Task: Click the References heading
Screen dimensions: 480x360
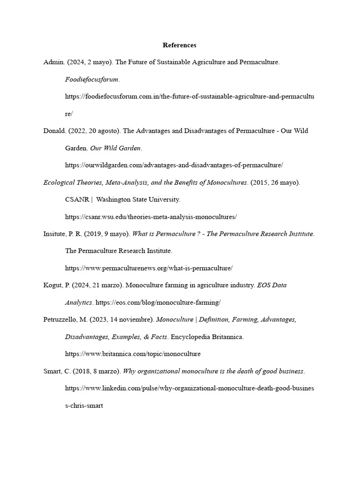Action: (180, 45)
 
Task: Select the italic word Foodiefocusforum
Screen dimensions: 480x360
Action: (92, 79)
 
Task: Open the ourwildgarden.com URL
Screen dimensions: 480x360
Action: (174, 165)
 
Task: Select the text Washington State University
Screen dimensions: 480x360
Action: (138, 199)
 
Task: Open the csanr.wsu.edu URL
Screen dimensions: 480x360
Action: (151, 217)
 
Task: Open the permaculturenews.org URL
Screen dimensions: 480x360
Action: (149, 268)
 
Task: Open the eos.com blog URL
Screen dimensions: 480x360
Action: (158, 302)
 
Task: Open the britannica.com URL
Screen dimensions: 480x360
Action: (133, 354)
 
